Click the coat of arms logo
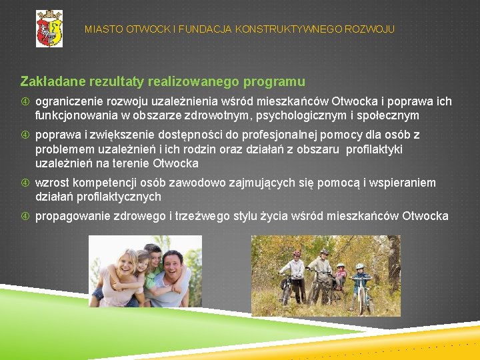[49, 29]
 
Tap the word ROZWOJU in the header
[371, 29]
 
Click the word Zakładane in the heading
[49, 82]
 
